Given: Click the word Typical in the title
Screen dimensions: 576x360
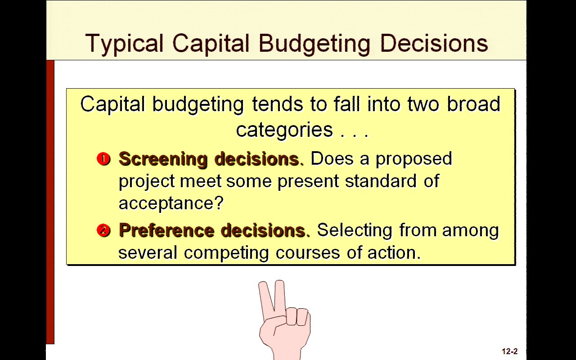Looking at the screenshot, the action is pos(125,44).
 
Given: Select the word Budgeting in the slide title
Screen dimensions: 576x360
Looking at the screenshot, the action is pos(315,44).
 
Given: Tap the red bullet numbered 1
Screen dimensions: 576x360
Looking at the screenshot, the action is pos(103,159).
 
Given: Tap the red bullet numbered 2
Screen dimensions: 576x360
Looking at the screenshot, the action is pos(103,230).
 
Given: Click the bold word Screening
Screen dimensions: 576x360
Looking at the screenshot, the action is pos(163,159).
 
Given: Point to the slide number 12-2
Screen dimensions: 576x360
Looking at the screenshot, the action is pos(510,351).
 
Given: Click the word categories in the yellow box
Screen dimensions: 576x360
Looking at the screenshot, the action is pos(284,130).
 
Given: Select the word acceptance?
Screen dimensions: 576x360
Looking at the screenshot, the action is pos(171,203).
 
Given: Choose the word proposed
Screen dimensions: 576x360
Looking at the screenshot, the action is pos(414,159).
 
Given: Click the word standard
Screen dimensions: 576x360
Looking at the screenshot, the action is pos(381,181).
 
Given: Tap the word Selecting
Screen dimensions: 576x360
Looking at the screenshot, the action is pos(355,230).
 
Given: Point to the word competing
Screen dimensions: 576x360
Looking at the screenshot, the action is pos(226,253).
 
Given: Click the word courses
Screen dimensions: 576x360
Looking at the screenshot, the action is pos(308,253).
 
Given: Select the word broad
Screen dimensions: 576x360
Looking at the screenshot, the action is pos(474,104).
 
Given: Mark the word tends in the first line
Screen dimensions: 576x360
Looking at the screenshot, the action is pos(278,104).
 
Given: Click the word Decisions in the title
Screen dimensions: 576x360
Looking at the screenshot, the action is pos(434,43).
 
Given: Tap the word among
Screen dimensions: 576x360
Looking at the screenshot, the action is pos(470,230).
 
